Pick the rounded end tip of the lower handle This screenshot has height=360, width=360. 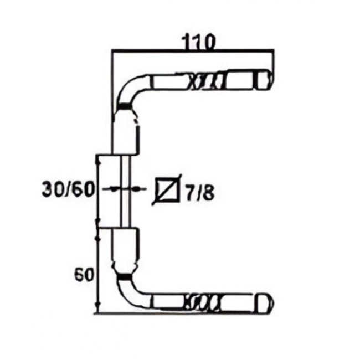(267, 301)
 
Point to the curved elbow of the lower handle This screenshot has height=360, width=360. (130, 292)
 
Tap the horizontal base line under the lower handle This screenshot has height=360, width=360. (183, 313)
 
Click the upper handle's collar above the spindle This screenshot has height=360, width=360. (125, 136)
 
